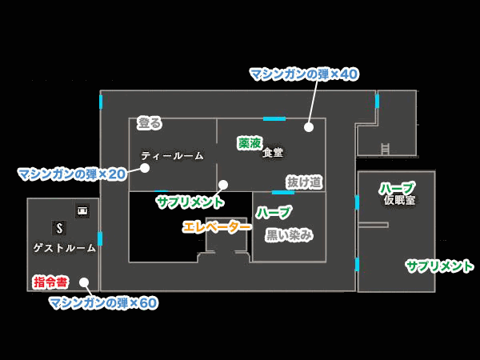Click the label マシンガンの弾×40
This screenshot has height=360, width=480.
(303, 74)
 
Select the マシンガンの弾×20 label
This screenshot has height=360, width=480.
(72, 174)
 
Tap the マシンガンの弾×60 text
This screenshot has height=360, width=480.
(102, 302)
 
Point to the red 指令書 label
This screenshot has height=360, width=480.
(50, 282)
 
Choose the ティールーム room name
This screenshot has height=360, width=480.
(172, 155)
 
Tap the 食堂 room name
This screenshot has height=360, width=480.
(273, 152)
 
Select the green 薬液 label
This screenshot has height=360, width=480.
(250, 143)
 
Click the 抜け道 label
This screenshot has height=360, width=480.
(304, 182)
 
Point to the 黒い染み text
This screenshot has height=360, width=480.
(289, 234)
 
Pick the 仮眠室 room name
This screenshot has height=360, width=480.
(399, 200)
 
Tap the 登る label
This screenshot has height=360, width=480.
(149, 123)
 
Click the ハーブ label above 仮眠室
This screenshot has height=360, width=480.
(396, 188)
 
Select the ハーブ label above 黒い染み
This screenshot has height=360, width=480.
(274, 212)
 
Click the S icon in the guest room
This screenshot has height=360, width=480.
(58, 228)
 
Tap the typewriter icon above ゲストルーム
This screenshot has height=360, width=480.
(82, 210)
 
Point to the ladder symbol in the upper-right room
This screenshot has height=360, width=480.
(385, 148)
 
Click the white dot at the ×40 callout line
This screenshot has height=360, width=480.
(308, 126)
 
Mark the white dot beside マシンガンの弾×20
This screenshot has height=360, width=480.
(145, 168)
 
